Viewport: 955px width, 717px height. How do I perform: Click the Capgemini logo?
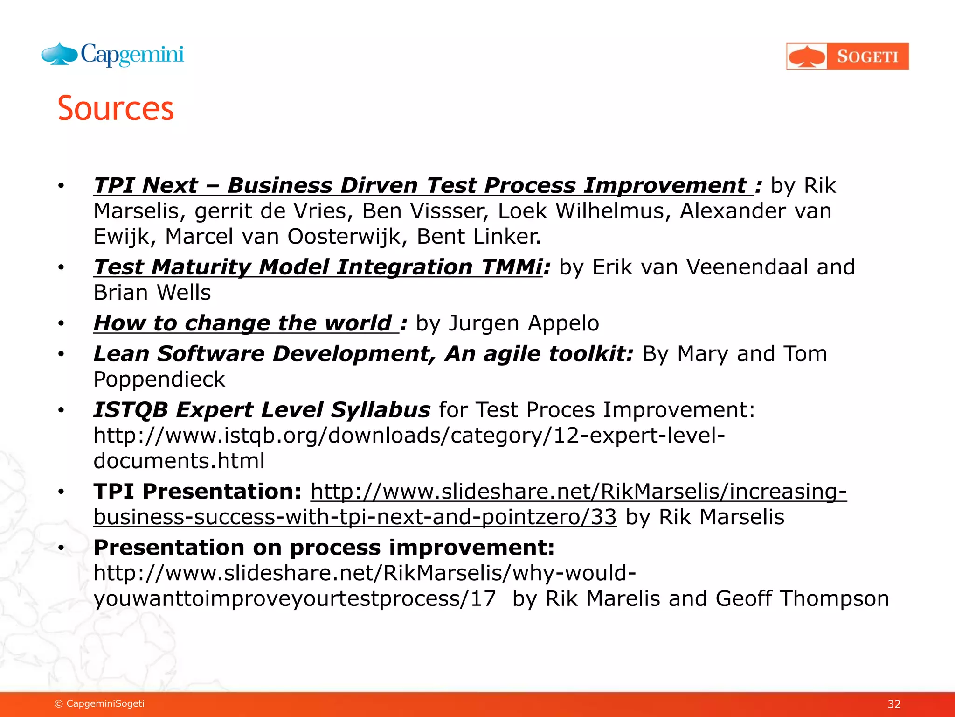click(112, 55)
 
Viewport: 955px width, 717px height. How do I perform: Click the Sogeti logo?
click(847, 56)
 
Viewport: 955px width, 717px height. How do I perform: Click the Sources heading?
click(116, 108)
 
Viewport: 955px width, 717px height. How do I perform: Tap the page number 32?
click(894, 704)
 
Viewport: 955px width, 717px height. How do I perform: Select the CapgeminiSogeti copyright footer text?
click(100, 703)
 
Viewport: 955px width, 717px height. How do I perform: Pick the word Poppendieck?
click(159, 379)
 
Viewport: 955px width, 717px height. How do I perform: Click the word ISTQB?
click(131, 410)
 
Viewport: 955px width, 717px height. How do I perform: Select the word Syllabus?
click(381, 410)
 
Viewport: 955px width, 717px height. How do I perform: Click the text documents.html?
click(179, 461)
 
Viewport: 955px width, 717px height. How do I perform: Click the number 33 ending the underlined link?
click(603, 517)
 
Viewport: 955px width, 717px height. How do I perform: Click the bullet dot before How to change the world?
click(61, 323)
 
